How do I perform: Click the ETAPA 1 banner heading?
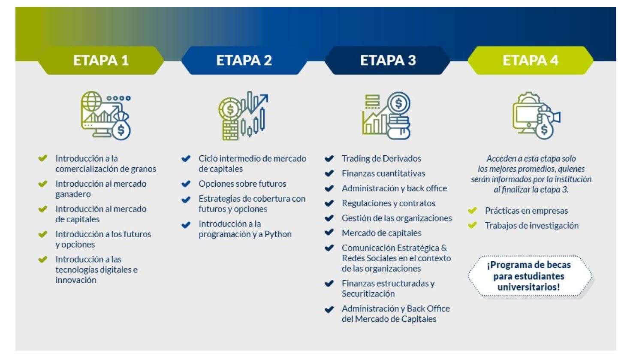(101, 60)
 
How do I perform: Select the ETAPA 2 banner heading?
(244, 60)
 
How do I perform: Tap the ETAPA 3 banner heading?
(388, 60)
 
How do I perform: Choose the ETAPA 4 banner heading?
(531, 60)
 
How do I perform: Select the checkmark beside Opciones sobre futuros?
(186, 184)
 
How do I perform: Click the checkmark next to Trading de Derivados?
(329, 159)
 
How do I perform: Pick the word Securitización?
(368, 294)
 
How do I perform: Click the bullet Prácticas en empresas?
(526, 211)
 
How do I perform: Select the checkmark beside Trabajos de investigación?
(472, 225)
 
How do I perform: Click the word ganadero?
(73, 194)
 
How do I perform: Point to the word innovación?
(76, 280)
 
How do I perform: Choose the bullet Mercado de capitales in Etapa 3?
(381, 233)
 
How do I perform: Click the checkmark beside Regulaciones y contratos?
(329, 203)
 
